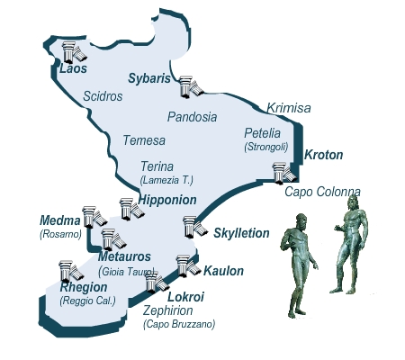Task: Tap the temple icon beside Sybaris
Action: point(189,86)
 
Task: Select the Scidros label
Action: point(103,95)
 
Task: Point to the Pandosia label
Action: point(193,117)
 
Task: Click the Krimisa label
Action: point(288,108)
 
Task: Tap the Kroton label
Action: point(324,156)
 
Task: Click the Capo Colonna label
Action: point(321,192)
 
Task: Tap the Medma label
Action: point(58,220)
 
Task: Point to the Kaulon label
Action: point(223,270)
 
